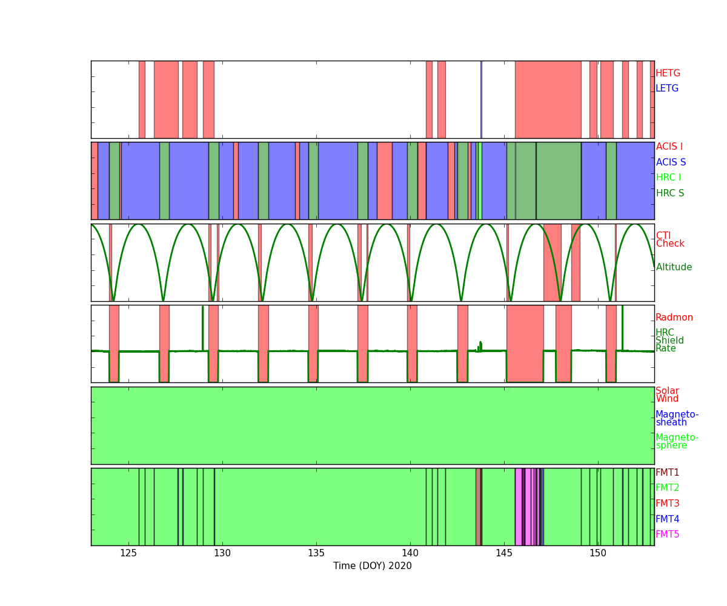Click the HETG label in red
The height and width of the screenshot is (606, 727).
coord(668,73)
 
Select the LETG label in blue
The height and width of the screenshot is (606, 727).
coord(667,88)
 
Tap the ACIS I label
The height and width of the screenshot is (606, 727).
coord(669,146)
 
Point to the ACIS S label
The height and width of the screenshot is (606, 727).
coord(671,162)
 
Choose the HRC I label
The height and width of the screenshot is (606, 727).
coord(668,178)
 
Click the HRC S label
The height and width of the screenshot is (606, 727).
coord(670,193)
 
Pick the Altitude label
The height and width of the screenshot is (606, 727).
coord(674,267)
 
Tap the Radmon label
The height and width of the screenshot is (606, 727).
coord(674,318)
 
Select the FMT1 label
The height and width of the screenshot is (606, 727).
coord(667,472)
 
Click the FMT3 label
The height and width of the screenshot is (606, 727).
coord(667,503)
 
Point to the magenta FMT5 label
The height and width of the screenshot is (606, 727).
coord(667,534)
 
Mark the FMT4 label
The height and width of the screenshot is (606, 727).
coord(667,519)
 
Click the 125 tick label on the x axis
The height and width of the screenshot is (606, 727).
coord(128,553)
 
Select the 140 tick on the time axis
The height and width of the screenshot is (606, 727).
coord(410,553)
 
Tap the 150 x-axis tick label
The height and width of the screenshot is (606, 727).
coord(598,553)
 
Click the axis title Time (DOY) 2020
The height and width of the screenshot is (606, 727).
coord(372,566)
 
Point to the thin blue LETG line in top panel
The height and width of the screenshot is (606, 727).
coord(481,99)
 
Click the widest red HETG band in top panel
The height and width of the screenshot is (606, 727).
coord(548,99)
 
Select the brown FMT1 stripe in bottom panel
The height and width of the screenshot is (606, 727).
coord(479,507)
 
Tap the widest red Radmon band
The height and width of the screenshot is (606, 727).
coord(525,344)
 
